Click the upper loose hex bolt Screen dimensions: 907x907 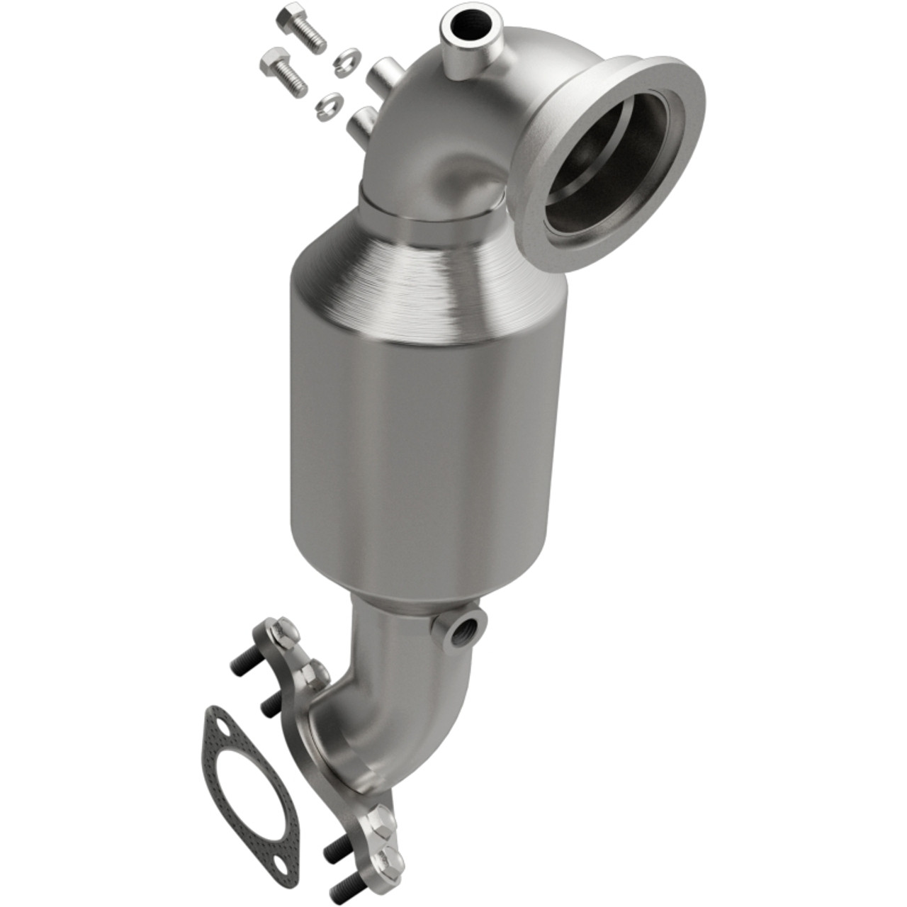point(301,27)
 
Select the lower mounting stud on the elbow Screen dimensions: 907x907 point(362,122)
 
